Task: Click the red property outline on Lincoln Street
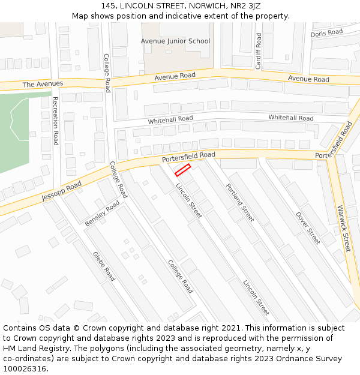[182, 170]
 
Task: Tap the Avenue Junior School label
[175, 41]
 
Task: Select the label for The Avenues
[43, 84]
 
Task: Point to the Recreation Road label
[55, 121]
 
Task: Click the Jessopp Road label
[61, 192]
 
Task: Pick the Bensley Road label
[102, 214]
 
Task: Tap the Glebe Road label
[104, 266]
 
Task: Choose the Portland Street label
[240, 202]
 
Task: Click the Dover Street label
[308, 227]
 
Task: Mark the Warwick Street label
[343, 228]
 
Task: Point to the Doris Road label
[326, 32]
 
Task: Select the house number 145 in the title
[109, 5]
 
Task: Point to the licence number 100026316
[25, 368]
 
